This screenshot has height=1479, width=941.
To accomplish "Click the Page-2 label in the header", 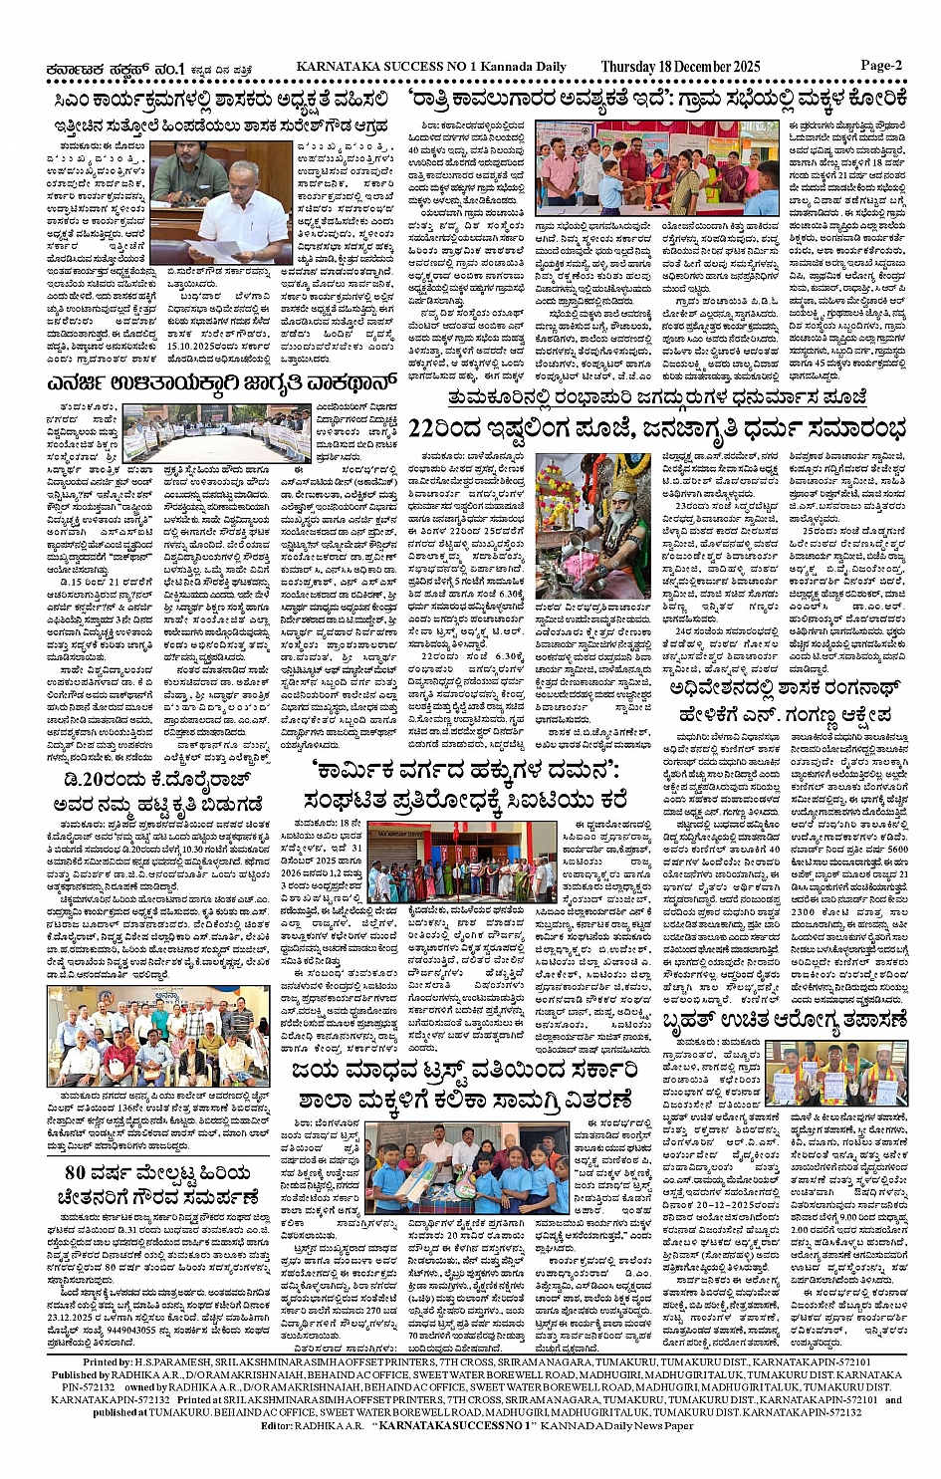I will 881,66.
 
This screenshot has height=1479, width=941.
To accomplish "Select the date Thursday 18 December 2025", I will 680,67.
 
